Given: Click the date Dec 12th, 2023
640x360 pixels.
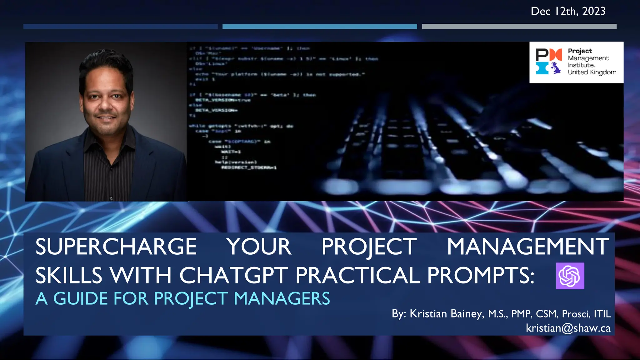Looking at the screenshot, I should coord(568,11).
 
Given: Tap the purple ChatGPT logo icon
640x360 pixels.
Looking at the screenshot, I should coord(570,276).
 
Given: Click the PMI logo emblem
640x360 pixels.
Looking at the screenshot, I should coord(549,61).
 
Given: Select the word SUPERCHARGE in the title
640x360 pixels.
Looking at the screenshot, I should coord(116,247).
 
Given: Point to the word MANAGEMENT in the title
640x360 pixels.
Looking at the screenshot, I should coord(528,247).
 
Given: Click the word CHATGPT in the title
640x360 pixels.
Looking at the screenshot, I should coord(233,275).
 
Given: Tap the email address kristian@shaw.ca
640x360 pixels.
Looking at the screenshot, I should coord(568,328).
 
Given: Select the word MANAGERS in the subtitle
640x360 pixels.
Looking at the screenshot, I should coord(282,298).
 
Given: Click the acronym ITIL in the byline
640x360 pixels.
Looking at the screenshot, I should coord(602,314).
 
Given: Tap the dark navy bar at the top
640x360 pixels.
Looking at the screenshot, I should coord(120,27).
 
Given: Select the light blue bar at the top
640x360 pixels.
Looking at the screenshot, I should coord(319,27).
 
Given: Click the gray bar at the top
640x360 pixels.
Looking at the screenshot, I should coord(519,27).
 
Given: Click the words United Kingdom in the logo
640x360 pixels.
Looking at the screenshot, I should coord(592,72).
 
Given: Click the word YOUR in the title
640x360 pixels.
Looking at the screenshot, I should coord(259,247).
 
